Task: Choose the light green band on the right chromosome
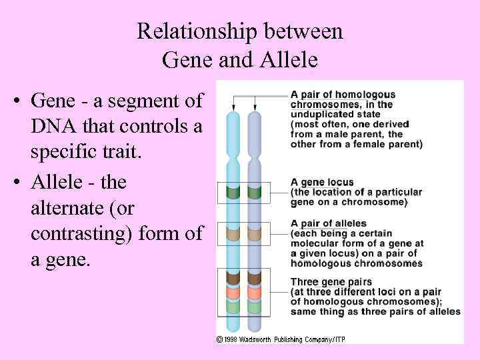pyautogui.click(x=254, y=307)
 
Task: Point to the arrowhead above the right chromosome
pyautogui.click(x=254, y=107)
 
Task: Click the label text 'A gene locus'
pyautogui.click(x=322, y=182)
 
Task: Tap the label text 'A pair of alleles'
pyautogui.click(x=328, y=223)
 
